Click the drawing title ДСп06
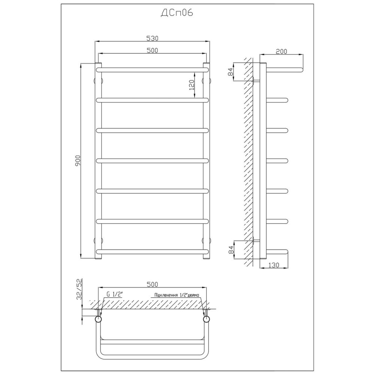tap(177, 13)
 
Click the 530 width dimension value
tap(152, 38)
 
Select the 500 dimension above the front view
tap(152, 51)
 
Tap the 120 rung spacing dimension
tap(191, 85)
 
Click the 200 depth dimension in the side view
tap(281, 51)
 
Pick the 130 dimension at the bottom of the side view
tap(274, 265)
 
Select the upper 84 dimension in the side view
tap(231, 72)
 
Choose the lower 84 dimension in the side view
tap(231, 250)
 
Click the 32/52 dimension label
tap(79, 289)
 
